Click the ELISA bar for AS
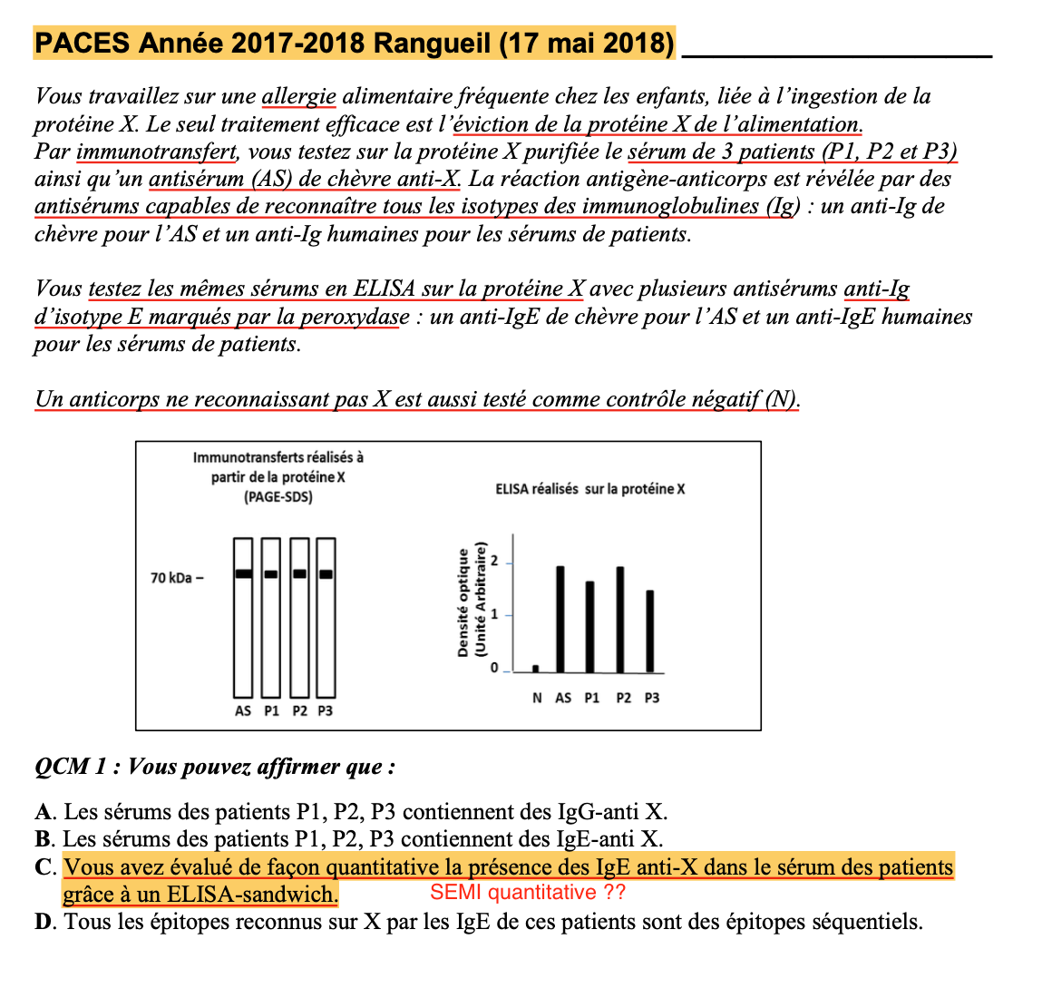(560, 620)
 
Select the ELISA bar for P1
(589, 627)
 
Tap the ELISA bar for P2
(620, 620)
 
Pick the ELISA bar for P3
(649, 631)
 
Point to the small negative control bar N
(535, 669)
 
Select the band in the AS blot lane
(243, 573)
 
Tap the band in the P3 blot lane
(326, 573)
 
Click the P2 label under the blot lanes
(299, 711)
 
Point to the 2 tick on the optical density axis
(494, 562)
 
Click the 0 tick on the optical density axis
(494, 669)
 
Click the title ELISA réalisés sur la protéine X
(589, 489)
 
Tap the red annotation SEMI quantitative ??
(528, 893)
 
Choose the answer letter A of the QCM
(45, 812)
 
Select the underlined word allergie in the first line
(298, 96)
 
